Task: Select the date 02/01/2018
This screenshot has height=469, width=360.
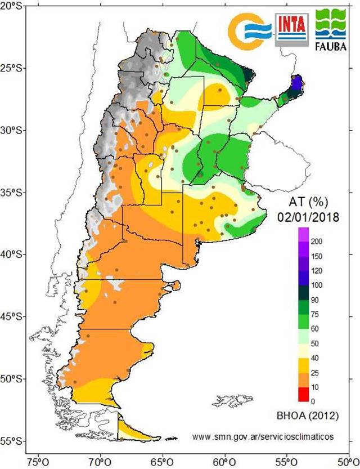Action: click(308, 216)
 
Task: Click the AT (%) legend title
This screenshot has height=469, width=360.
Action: click(308, 202)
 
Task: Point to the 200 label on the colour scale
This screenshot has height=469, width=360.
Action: click(317, 242)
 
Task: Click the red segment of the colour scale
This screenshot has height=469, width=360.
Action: click(303, 394)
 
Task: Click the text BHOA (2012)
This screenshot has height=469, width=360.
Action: click(307, 417)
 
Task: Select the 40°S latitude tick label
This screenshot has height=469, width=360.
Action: click(12, 254)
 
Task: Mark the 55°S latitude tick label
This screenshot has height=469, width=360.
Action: click(12, 440)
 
